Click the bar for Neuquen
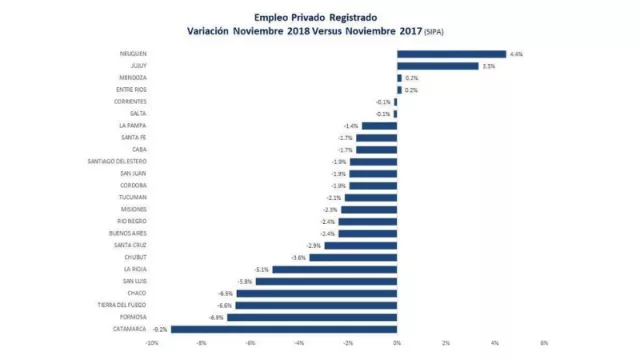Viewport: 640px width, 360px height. click(451, 54)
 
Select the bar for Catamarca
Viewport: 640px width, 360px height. click(284, 328)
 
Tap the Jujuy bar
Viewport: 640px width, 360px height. click(437, 66)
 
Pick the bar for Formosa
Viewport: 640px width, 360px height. click(312, 316)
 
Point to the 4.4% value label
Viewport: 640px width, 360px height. click(516, 54)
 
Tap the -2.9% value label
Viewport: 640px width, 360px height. click(313, 245)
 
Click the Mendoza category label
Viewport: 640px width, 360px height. click(133, 78)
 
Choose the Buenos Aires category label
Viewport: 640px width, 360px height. click(129, 233)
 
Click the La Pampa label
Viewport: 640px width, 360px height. click(133, 126)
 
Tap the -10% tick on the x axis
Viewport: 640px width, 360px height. click(152, 343)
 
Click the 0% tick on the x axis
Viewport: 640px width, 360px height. click(397, 343)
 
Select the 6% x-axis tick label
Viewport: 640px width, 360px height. click(544, 343)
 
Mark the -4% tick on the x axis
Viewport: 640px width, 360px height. click(299, 343)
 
